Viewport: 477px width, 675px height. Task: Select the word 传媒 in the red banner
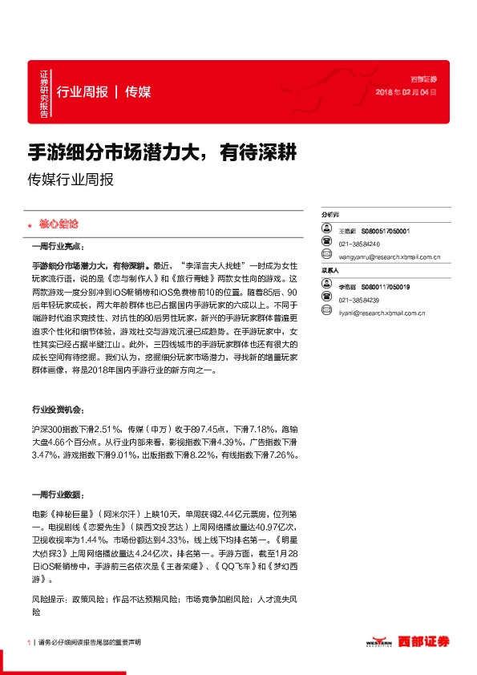click(139, 91)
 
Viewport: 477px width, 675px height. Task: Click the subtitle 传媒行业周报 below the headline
click(71, 180)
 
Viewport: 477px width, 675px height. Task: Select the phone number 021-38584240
click(359, 244)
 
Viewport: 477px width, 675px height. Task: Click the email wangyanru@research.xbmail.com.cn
click(386, 257)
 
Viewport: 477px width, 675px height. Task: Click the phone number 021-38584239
click(359, 299)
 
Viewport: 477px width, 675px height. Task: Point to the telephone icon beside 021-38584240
click(327, 244)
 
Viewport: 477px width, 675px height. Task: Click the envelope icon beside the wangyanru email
click(327, 257)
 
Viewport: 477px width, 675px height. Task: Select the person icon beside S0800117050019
click(327, 286)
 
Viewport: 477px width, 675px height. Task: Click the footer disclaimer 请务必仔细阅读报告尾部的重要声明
click(89, 642)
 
